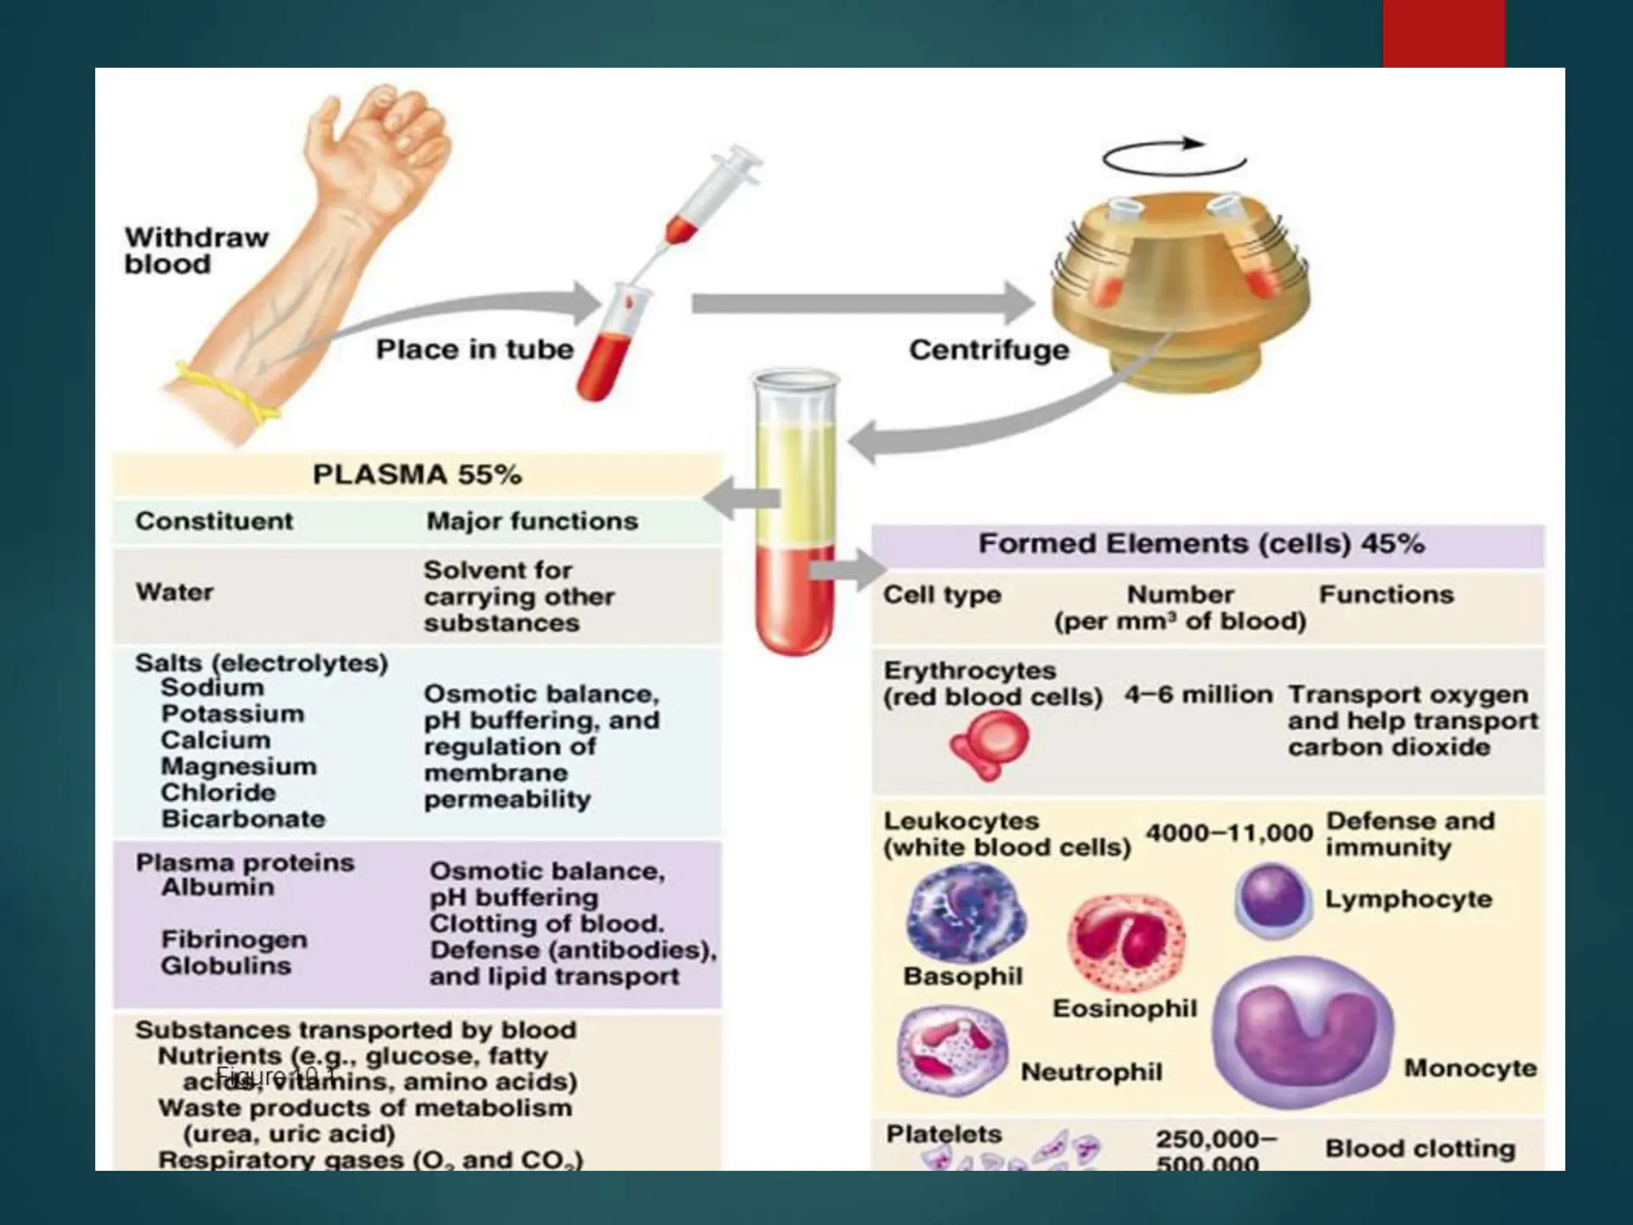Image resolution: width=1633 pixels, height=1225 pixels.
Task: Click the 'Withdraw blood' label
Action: click(x=196, y=250)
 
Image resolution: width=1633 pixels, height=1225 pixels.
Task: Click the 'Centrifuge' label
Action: click(x=989, y=349)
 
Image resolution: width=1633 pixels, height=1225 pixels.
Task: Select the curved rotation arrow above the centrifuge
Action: click(x=1174, y=156)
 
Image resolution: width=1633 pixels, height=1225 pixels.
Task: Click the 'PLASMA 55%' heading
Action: click(x=417, y=475)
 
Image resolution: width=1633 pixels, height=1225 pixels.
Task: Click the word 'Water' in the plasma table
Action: click(x=175, y=592)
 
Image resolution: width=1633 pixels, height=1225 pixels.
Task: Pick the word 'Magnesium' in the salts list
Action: click(x=238, y=766)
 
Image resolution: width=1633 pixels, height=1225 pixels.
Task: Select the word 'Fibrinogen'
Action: click(x=234, y=939)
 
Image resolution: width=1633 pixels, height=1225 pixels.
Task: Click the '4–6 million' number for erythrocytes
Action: click(x=1198, y=695)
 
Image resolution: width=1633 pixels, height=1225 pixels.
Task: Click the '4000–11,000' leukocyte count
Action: click(x=1229, y=833)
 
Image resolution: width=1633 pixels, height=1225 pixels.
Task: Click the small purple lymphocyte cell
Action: click(x=1273, y=899)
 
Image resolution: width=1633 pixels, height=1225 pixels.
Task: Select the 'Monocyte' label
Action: click(x=1470, y=1068)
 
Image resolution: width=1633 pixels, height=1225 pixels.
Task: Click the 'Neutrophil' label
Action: click(x=1091, y=1072)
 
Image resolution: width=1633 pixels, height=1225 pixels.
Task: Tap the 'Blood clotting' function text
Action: click(x=1419, y=1148)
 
